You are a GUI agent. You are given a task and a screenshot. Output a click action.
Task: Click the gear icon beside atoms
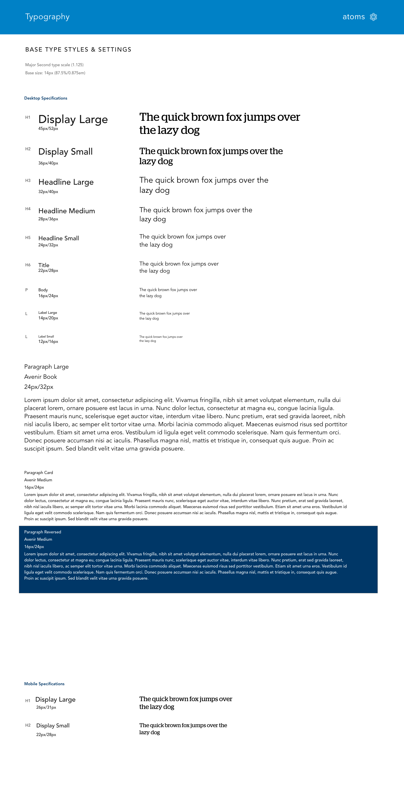coord(373,17)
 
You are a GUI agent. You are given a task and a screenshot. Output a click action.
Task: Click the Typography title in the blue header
coord(47,17)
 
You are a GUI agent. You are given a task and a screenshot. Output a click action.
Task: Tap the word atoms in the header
coord(353,17)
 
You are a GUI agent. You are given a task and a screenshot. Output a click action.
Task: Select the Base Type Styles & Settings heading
coord(78,50)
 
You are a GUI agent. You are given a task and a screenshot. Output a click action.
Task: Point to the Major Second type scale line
coord(54,65)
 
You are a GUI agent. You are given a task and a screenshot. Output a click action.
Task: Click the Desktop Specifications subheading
coord(46,98)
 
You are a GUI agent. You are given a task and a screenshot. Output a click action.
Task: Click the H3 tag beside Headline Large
coord(28,180)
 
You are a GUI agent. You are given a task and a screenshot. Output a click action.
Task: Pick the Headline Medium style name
coord(66,211)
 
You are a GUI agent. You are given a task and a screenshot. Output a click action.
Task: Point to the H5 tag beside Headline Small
coord(28,238)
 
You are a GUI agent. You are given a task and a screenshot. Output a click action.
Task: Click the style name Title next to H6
coord(44,265)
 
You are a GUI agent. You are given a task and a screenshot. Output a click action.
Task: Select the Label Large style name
coord(48,313)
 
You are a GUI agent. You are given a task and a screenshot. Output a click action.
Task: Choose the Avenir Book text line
coord(40,376)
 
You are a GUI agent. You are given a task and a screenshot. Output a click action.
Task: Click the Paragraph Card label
coord(39,472)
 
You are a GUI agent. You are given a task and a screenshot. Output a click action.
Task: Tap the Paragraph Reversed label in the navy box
coord(43,532)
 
